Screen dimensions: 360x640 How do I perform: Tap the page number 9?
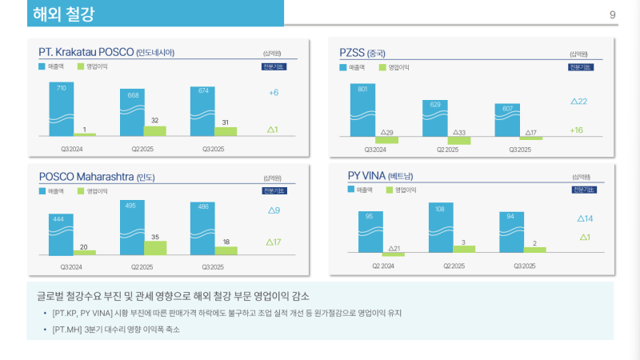point(612,14)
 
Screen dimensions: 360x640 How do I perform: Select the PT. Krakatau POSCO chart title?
point(106,53)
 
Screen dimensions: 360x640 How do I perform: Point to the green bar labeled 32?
point(155,130)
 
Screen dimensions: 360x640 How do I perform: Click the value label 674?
point(204,90)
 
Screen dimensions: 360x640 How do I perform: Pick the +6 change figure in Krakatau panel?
point(273,93)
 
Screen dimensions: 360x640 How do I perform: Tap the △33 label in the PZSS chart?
point(459,132)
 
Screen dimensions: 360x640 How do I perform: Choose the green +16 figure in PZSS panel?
point(577,130)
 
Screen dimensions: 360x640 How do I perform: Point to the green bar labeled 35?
point(155,247)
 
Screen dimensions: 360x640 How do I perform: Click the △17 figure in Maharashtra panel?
point(273,242)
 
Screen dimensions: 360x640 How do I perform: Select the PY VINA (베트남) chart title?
point(380,176)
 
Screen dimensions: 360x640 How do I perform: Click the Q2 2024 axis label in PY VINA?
point(383,265)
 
